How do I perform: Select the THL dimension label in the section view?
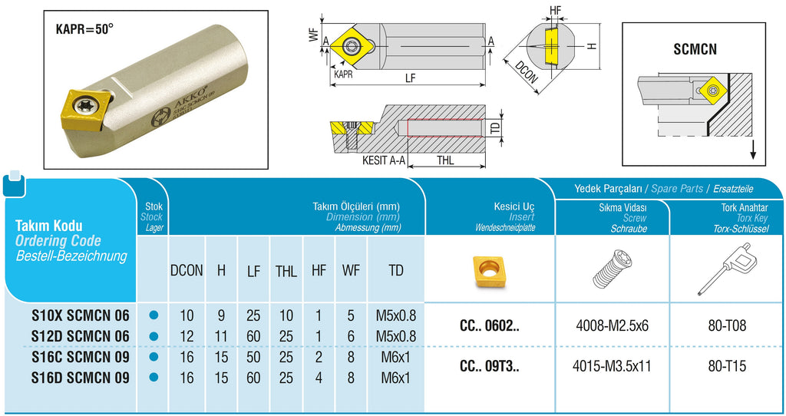point(445,161)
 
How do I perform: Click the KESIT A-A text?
point(385,162)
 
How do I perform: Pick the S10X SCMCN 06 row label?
point(81,315)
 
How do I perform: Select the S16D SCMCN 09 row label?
point(81,377)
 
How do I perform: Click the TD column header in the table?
point(396,270)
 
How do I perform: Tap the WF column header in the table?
point(351,270)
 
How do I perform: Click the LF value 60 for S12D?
point(253,335)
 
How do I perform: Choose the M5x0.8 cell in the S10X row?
point(396,315)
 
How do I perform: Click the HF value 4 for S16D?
point(319,377)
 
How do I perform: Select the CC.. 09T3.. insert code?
point(489,366)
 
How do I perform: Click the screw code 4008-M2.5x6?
point(612,325)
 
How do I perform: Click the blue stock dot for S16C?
point(154,356)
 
